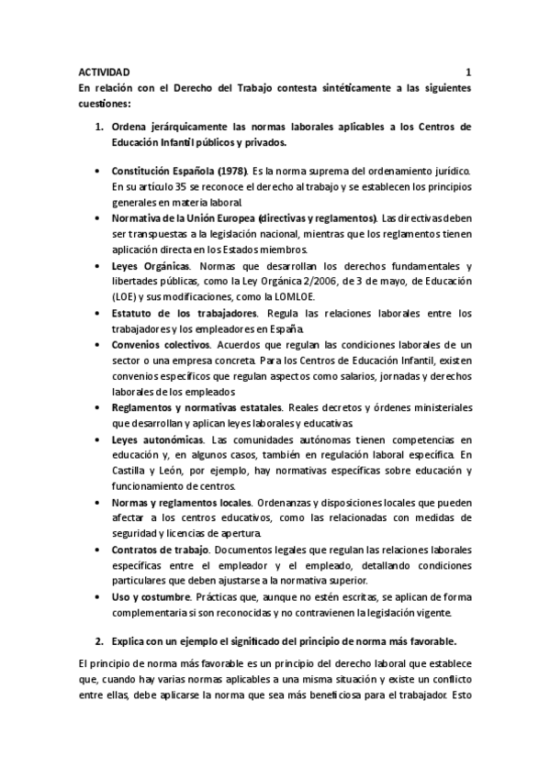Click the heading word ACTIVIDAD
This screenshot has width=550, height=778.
[104, 72]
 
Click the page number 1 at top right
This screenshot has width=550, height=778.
[468, 72]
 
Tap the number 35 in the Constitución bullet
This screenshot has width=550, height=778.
[183, 187]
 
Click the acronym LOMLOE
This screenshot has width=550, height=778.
[314, 297]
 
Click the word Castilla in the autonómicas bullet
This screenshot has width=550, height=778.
[129, 472]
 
